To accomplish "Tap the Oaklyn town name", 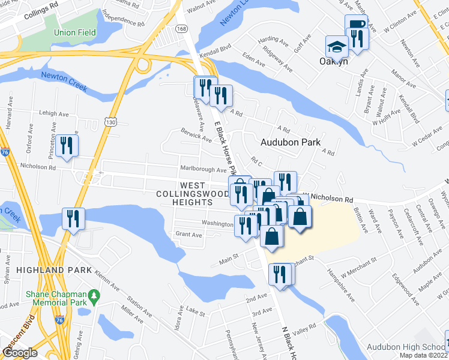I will point(334,61).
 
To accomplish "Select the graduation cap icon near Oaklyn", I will point(337,47).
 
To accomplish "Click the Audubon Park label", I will point(291,142).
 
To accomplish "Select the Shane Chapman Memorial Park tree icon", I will point(94,295).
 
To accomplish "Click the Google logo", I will point(19,353).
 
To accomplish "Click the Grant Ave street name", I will point(188,235).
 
